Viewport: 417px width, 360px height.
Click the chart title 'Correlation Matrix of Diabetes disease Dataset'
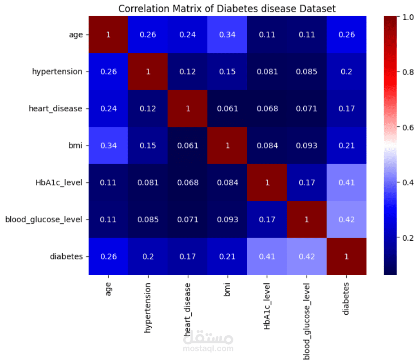[x=226, y=9]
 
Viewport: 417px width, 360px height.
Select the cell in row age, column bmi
[x=227, y=35]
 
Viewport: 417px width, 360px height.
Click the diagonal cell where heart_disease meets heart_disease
[x=188, y=108]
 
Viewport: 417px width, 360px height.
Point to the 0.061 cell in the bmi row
[x=188, y=146]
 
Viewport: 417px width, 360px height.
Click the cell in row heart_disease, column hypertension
[x=148, y=108]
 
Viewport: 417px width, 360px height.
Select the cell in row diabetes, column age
[x=108, y=256]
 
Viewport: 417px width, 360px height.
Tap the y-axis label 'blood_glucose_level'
[x=43, y=220]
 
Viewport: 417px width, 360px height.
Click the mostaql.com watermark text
[x=208, y=348]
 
